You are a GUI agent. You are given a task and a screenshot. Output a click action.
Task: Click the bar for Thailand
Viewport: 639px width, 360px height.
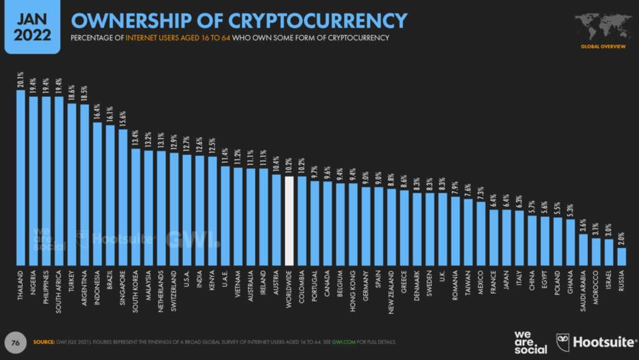pyautogui.click(x=21, y=178)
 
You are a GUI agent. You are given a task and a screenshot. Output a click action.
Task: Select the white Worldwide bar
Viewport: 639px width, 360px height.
pyautogui.click(x=289, y=221)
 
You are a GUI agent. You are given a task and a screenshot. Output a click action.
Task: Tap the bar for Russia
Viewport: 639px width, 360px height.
pyautogui.click(x=622, y=256)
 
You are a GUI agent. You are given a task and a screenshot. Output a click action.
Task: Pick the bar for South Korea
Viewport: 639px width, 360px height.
pyautogui.click(x=135, y=207)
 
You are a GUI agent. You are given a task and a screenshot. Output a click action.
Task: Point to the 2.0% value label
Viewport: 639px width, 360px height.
pyautogui.click(x=622, y=238)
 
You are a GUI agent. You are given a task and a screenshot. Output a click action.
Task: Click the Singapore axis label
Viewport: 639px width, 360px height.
pyautogui.click(x=123, y=286)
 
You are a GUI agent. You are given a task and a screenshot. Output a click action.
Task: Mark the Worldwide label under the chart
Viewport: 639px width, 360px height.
pyautogui.click(x=289, y=288)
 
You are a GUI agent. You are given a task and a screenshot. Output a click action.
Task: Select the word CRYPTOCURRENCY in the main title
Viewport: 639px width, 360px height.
pyautogui.click(x=318, y=21)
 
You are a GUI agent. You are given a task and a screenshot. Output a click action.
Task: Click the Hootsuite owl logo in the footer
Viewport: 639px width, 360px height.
pyautogui.click(x=563, y=341)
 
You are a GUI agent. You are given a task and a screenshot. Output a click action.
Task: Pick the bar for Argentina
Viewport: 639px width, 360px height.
pyautogui.click(x=84, y=185)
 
